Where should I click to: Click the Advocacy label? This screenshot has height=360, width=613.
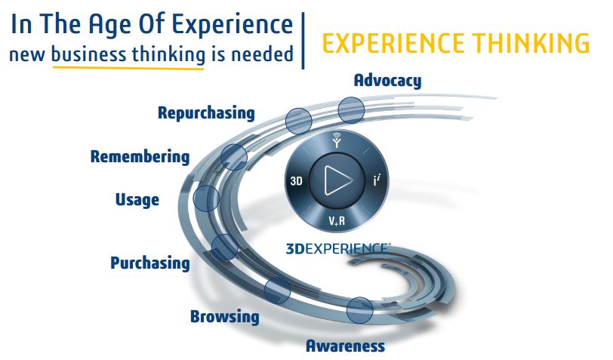click(x=387, y=81)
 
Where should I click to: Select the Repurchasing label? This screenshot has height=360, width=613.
click(x=206, y=113)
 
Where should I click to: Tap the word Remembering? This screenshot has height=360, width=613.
click(x=140, y=157)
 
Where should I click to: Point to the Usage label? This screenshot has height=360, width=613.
click(x=137, y=200)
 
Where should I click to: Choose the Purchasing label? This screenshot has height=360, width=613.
click(x=150, y=263)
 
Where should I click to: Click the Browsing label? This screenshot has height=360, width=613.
click(x=225, y=316)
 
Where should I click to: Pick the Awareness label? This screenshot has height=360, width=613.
click(x=345, y=346)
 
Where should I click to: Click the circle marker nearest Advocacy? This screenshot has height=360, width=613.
click(x=352, y=110)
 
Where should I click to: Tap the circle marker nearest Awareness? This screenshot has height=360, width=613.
click(x=359, y=310)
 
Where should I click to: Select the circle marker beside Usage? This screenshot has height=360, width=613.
click(x=206, y=198)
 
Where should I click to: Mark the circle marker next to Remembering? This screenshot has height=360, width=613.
click(x=234, y=157)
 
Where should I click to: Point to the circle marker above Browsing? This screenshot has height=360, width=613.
click(x=277, y=291)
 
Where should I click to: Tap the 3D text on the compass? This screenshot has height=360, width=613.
click(x=297, y=181)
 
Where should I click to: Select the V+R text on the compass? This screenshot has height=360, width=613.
click(x=337, y=221)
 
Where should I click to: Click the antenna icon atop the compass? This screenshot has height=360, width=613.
click(x=337, y=140)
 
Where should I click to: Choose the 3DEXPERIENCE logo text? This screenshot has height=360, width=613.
click(x=337, y=248)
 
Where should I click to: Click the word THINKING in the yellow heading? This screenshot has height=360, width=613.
click(x=531, y=43)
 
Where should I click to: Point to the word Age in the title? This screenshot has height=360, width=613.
click(x=110, y=25)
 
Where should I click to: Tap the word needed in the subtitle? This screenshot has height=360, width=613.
click(x=262, y=54)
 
